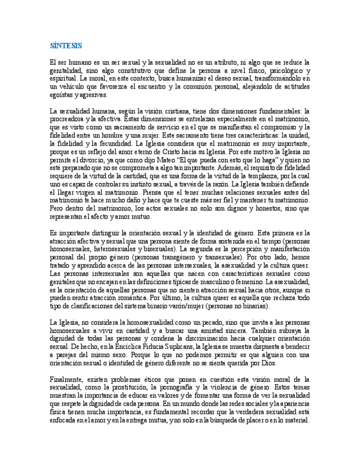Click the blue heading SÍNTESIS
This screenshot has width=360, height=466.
point(65,46)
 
